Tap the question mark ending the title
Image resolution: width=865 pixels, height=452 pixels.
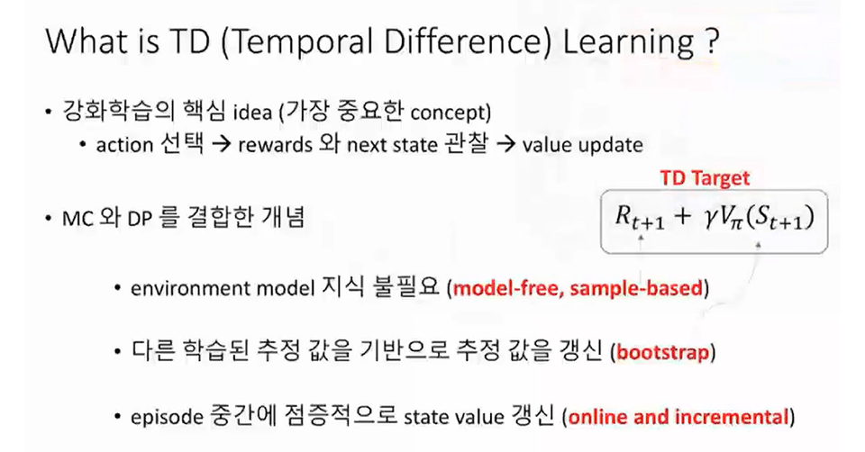coord(712,41)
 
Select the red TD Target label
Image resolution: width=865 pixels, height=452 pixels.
coord(705,178)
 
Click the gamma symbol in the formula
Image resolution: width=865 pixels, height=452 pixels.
coord(710,218)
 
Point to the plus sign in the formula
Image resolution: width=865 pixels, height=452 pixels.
coord(682,217)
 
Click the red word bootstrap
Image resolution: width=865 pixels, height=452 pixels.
coord(662,352)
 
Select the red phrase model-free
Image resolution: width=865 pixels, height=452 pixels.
coord(507,288)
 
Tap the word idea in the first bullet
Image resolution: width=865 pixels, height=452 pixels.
coord(252,113)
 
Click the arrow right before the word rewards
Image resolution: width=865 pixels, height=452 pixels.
coord(222,145)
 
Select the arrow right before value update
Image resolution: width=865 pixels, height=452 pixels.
coord(505,145)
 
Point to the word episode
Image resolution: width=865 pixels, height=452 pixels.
coord(167,417)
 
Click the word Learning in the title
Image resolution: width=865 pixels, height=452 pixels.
coord(628,43)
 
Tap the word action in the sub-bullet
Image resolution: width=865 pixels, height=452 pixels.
coord(124,145)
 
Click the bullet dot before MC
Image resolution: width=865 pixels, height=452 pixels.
coord(49,219)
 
